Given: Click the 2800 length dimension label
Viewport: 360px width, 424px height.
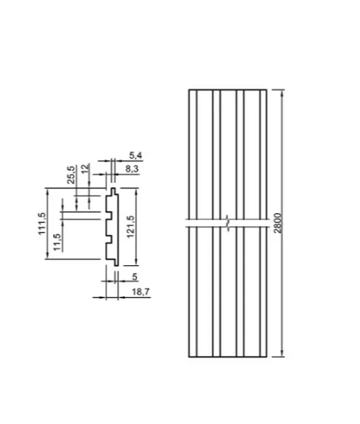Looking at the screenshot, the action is click(x=277, y=223).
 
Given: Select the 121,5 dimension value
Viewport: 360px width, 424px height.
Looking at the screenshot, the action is click(x=131, y=227).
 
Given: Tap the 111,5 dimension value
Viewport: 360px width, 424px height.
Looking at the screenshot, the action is click(x=42, y=224).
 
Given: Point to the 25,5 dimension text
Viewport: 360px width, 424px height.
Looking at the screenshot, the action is click(x=71, y=175).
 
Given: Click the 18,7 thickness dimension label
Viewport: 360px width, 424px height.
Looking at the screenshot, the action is click(x=141, y=292).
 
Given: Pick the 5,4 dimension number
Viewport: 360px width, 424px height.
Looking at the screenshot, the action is click(x=135, y=155).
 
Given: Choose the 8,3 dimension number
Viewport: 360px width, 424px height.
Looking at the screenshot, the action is click(x=132, y=169).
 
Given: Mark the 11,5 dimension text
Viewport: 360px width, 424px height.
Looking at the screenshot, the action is click(x=57, y=242).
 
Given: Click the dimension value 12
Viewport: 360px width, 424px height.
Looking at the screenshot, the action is click(x=85, y=169).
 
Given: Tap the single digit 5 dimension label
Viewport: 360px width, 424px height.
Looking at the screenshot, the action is click(x=135, y=277).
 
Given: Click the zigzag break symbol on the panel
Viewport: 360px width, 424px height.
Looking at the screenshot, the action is click(x=228, y=223).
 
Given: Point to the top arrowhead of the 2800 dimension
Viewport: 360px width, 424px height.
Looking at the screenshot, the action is click(x=282, y=93).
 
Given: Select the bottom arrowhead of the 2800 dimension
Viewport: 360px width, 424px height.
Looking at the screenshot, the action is click(x=282, y=353).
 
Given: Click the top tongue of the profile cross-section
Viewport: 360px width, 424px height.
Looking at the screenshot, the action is click(x=113, y=191).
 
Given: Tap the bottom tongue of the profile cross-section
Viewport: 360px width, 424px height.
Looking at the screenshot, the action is click(x=116, y=263).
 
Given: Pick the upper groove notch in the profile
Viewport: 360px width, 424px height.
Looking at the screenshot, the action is click(x=109, y=215).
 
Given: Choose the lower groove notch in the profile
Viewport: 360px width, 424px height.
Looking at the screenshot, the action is click(x=109, y=240).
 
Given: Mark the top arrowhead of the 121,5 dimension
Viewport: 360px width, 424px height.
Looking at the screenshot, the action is click(x=136, y=191).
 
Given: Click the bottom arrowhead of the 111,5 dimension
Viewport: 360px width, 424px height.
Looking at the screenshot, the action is click(x=48, y=255).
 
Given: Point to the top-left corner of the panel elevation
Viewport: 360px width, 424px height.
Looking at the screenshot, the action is click(x=189, y=89).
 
